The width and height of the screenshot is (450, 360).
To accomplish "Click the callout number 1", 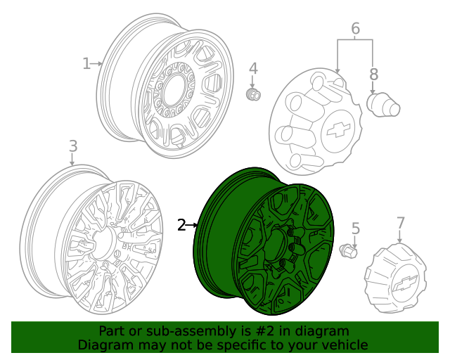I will pyautogui.click(x=86, y=64).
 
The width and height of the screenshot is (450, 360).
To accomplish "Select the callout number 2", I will pyautogui.click(x=181, y=225).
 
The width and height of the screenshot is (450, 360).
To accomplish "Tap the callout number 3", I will pyautogui.click(x=72, y=146).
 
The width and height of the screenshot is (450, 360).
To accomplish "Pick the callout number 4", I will pyautogui.click(x=253, y=69).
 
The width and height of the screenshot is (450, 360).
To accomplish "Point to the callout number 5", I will pyautogui.click(x=355, y=228).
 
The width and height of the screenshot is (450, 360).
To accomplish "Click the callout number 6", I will pyautogui.click(x=355, y=29).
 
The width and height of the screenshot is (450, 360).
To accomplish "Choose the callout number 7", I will pyautogui.click(x=401, y=223).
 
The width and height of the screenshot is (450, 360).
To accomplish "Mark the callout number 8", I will pyautogui.click(x=373, y=74).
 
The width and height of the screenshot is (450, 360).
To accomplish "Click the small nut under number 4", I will pyautogui.click(x=253, y=94).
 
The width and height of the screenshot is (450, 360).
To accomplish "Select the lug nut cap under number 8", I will pyautogui.click(x=383, y=105).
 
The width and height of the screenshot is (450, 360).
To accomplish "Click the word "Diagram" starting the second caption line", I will pyautogui.click(x=104, y=345).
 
